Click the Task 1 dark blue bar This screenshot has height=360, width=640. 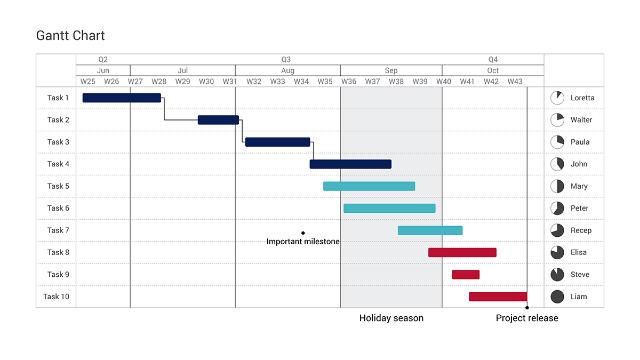(x=122, y=98)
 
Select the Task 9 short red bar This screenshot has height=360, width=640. (x=466, y=275)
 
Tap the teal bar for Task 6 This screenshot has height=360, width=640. (x=389, y=208)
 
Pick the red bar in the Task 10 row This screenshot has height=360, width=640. (x=498, y=297)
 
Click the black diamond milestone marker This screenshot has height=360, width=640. (x=303, y=233)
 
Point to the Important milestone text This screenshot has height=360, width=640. (x=303, y=242)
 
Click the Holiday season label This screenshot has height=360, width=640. (x=391, y=318)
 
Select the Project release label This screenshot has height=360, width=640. (x=527, y=318)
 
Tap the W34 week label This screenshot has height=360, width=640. (x=301, y=82)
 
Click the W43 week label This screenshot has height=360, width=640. (x=515, y=82)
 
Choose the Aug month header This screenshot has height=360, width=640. (x=287, y=70)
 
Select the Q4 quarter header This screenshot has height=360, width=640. (x=493, y=60)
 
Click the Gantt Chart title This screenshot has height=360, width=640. (x=70, y=36)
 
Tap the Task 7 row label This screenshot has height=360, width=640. (x=58, y=230)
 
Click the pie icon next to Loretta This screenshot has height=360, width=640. (x=557, y=98)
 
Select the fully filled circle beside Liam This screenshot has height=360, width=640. (x=557, y=297)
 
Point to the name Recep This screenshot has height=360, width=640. (x=581, y=230)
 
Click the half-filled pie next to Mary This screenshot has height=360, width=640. (x=557, y=186)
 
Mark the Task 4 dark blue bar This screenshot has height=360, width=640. (x=350, y=164)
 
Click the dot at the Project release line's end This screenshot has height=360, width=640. (x=527, y=308)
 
